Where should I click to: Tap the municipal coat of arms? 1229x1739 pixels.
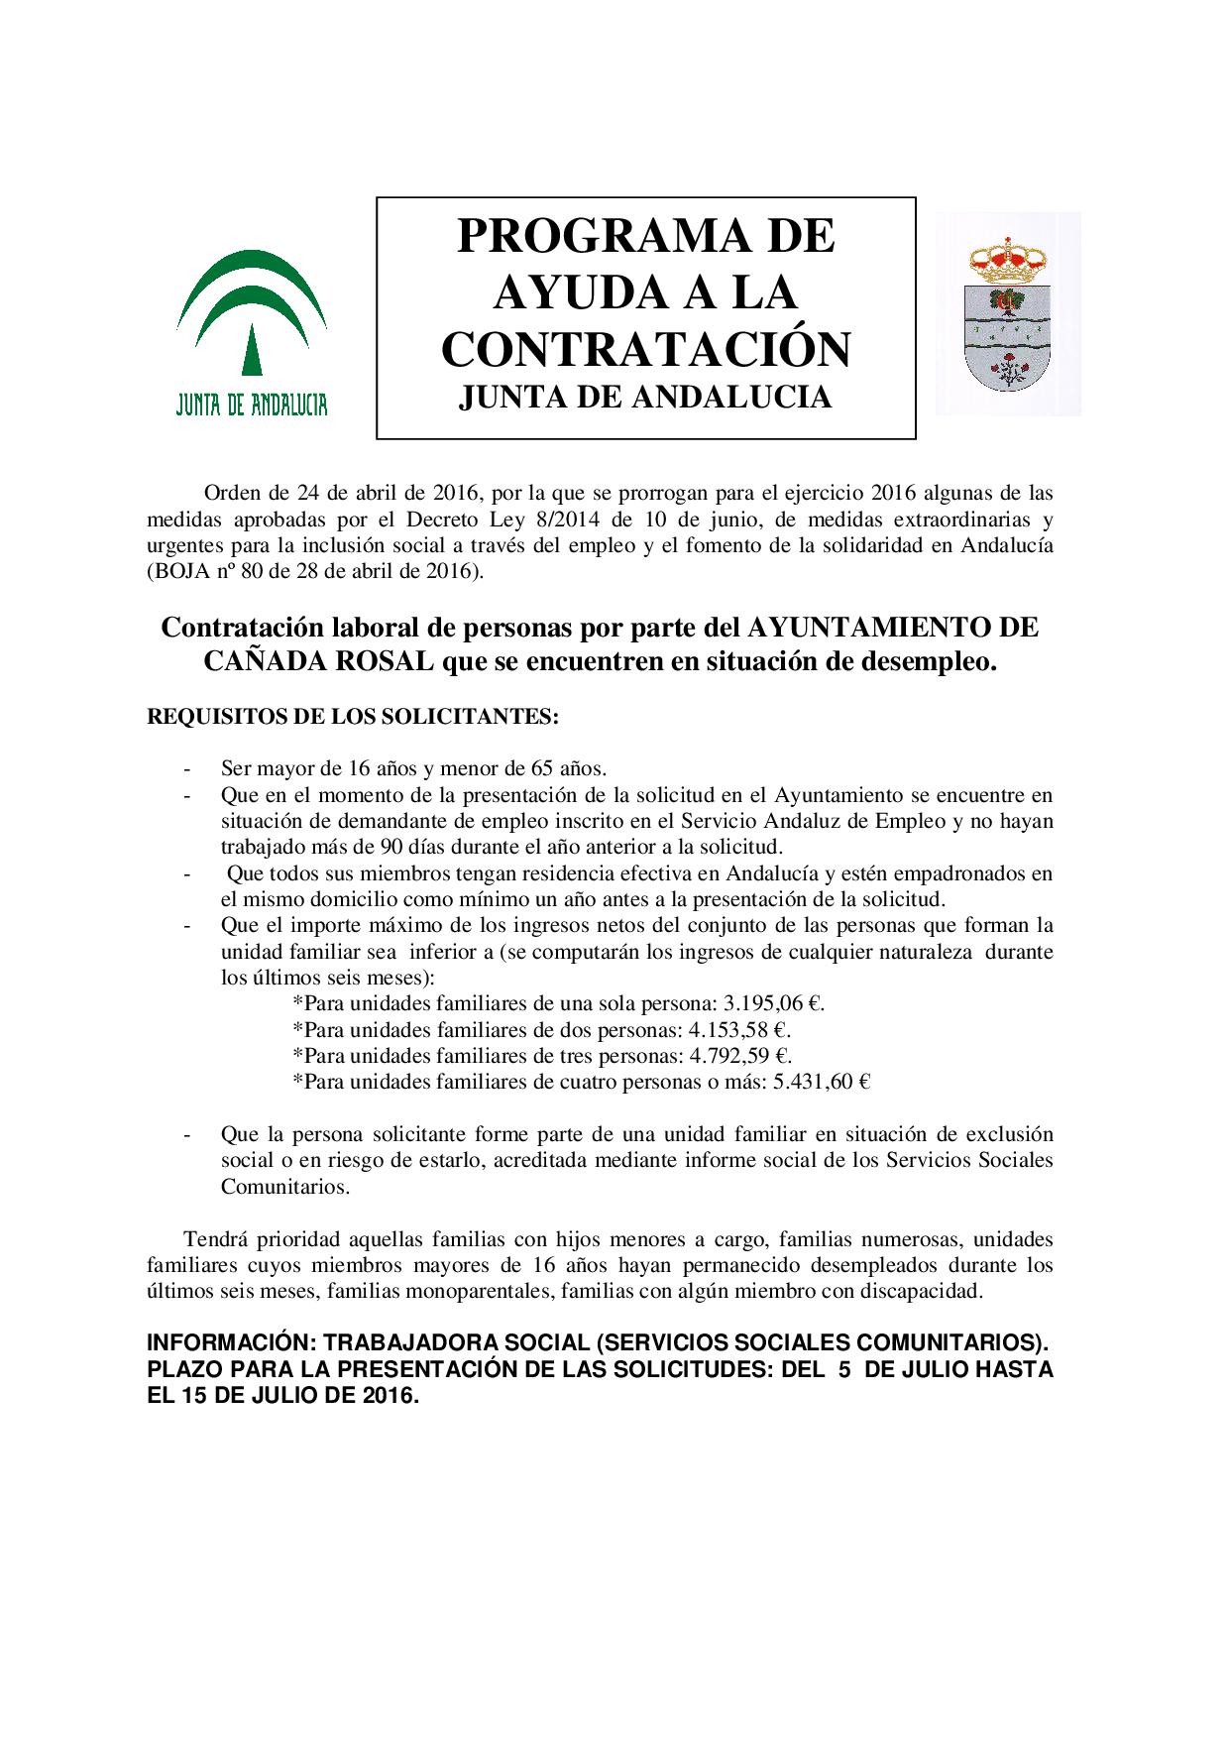1007,313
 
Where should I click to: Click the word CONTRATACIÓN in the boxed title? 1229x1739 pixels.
645,349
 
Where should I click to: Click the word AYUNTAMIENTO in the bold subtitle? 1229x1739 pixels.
878,629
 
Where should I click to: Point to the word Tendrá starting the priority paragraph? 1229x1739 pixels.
215,1239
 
